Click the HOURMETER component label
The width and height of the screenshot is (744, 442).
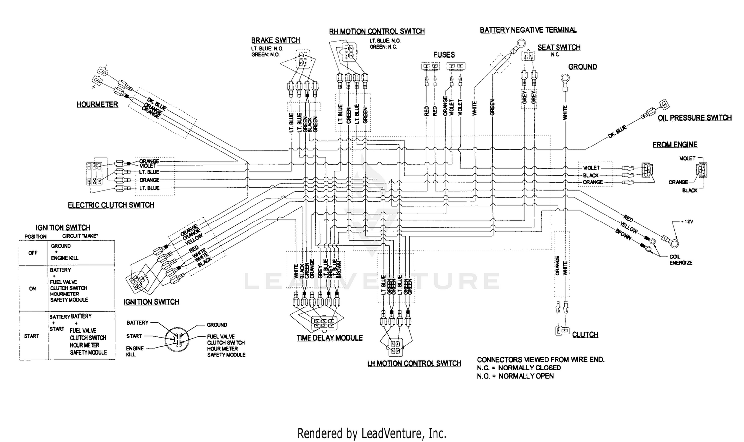click(x=97, y=105)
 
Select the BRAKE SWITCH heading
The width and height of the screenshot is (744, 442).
click(x=275, y=40)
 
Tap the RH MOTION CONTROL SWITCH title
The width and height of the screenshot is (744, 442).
click(x=376, y=31)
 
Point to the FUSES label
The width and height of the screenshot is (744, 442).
click(x=443, y=55)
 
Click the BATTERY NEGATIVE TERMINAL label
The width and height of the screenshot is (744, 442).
click(x=528, y=30)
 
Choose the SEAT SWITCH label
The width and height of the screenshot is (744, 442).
click(x=558, y=48)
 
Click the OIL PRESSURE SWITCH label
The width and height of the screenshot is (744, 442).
click(x=694, y=118)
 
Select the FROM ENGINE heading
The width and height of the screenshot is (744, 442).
click(x=675, y=145)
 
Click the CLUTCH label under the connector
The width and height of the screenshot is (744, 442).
click(x=585, y=335)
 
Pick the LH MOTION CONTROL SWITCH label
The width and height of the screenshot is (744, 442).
click(x=414, y=363)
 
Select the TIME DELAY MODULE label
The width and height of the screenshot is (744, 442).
click(x=329, y=338)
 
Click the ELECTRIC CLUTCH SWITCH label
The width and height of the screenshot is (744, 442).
click(x=111, y=205)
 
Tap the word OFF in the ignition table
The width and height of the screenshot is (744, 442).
click(x=33, y=252)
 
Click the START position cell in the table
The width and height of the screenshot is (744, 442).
click(x=31, y=336)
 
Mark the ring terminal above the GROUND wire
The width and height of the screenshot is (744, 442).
click(x=565, y=78)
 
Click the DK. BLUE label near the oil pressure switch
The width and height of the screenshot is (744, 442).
click(x=617, y=132)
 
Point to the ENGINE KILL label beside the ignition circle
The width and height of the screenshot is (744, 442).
click(x=134, y=351)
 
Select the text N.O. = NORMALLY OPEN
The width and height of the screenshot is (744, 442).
click(x=515, y=376)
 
